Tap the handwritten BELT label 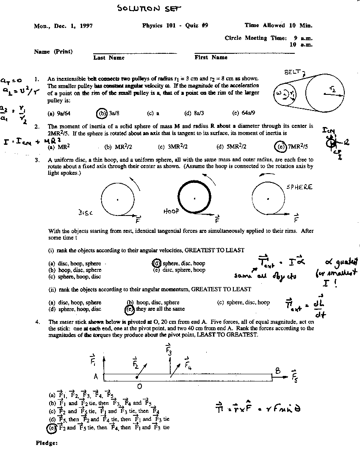pos(294,72)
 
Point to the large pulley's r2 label pos(333,89)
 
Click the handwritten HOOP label pos(171,211)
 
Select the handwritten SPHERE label pos(299,187)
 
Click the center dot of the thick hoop pos(194,198)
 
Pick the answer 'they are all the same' pos(160,309)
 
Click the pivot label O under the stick pos(139,386)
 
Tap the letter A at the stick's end pos(96,376)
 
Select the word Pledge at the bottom pos(47,443)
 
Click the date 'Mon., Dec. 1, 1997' pos(63,26)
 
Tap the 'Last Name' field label pos(109,58)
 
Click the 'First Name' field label pos(211,57)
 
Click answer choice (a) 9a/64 pos(59,113)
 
